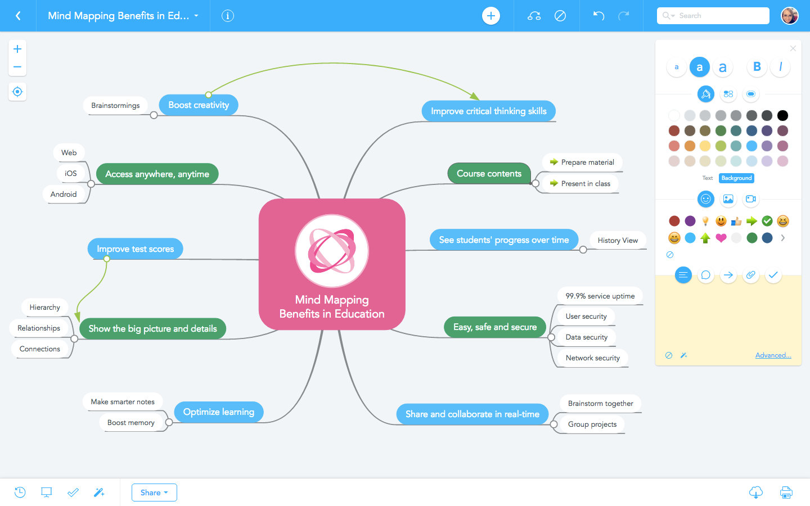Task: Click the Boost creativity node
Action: click(198, 105)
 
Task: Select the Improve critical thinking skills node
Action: click(488, 111)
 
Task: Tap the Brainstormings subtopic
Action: click(115, 106)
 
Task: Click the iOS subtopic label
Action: click(70, 173)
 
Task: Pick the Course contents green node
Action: click(489, 174)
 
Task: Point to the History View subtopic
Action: click(617, 241)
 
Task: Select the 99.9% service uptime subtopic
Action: click(600, 296)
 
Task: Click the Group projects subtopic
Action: click(592, 424)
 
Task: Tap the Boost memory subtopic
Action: click(130, 423)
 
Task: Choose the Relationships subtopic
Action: click(38, 328)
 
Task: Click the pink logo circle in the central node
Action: click(332, 251)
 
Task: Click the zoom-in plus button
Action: click(17, 49)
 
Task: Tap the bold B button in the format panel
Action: click(757, 67)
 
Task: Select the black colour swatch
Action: click(782, 116)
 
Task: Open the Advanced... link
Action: click(773, 355)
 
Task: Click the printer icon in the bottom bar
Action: click(786, 493)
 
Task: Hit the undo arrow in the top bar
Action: click(598, 16)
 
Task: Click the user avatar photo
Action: click(790, 16)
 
